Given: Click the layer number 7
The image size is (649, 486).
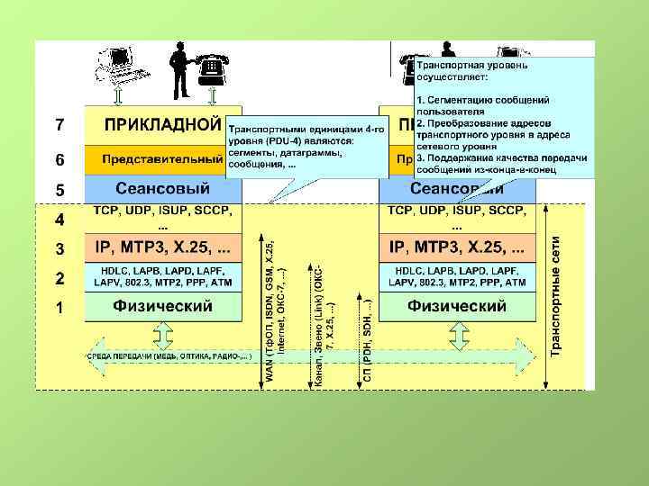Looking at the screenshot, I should (x=59, y=124).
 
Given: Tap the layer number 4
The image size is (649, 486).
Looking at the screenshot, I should (x=59, y=220).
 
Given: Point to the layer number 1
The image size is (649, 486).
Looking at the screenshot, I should (x=59, y=308).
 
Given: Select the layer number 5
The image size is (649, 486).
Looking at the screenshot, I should (x=59, y=191).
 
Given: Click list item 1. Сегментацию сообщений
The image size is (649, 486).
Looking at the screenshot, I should (x=487, y=103).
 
